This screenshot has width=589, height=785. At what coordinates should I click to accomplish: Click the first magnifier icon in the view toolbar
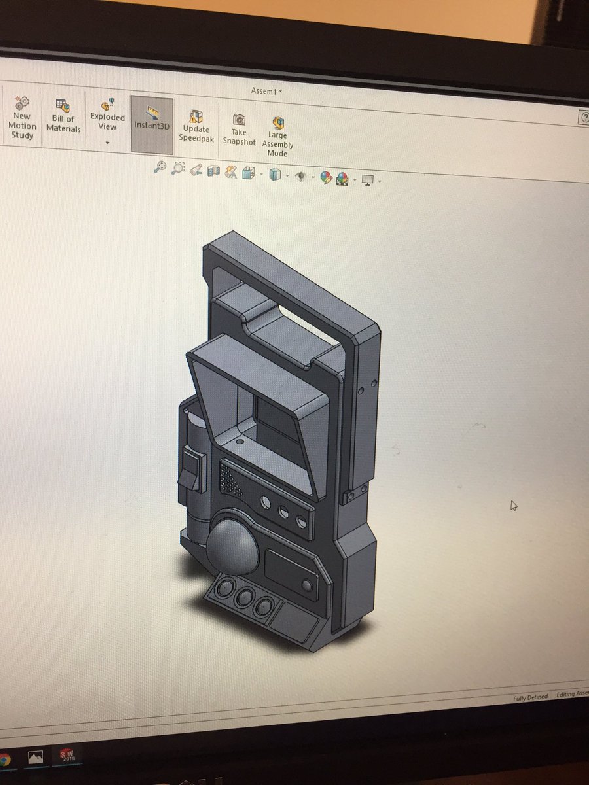click(160, 168)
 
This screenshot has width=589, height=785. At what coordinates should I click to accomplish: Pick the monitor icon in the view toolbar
click(368, 179)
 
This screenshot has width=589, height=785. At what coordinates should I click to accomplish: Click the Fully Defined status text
click(530, 697)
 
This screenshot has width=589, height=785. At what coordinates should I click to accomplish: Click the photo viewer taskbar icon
click(35, 758)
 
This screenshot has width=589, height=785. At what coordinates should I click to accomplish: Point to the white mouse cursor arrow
click(514, 505)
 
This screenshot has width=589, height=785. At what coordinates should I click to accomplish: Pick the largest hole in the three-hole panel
click(266, 503)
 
